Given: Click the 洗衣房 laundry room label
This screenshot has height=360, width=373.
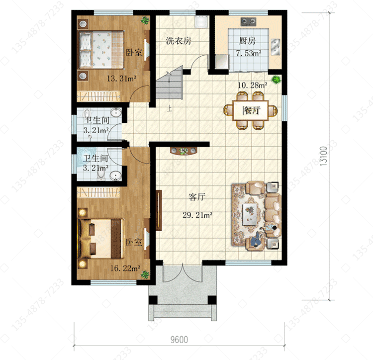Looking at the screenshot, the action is point(179,41).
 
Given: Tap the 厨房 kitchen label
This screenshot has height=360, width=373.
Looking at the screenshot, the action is point(247,41).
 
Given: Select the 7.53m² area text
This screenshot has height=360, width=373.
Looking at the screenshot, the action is point(249,53).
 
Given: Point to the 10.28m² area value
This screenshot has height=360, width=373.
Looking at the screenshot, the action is point(252,85).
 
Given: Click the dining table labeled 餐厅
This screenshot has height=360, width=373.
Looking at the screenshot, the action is point(251,110).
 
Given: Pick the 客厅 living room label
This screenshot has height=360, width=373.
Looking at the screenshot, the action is point(197,196).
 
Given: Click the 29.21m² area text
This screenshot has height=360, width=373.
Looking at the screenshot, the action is point(197,215).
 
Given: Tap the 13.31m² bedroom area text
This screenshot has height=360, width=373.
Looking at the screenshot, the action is point(121,78).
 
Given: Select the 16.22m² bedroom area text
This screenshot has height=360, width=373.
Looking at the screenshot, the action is point(125,268).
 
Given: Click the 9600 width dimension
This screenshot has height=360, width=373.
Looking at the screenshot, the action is point(179,340).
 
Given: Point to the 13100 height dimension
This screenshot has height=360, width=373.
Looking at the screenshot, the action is point(324,156).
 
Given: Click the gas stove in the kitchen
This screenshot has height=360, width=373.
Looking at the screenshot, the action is point(248,22).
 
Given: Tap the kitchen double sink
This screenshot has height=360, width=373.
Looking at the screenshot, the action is point(275,47).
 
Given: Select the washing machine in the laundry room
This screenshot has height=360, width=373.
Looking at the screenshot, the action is point(201,21).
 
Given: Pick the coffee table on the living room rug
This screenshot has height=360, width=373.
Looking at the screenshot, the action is point(249,214).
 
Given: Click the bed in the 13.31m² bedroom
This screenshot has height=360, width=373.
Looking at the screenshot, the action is point(101,49).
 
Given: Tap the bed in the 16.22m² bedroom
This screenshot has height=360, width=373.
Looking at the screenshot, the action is point(101,239).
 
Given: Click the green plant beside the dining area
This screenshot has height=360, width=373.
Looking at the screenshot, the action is point(276,79).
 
